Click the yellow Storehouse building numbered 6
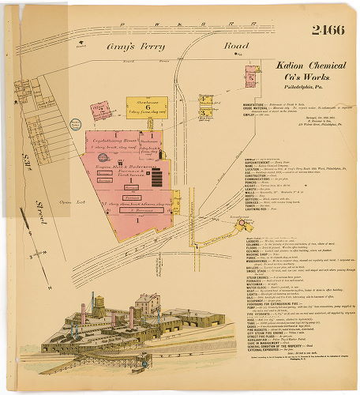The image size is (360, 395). [146, 107]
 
